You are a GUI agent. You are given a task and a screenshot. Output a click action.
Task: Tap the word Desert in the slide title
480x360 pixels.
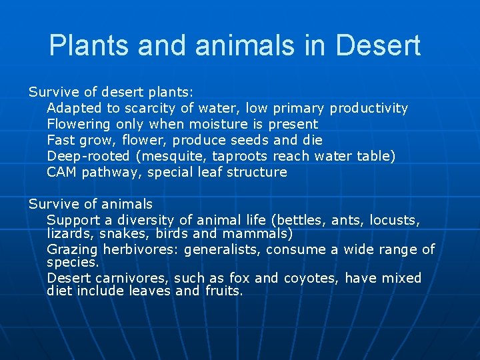point(378,45)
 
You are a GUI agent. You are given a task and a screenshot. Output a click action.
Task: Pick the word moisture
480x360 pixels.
point(219,124)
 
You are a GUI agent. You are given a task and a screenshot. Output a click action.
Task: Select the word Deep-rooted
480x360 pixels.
point(89,156)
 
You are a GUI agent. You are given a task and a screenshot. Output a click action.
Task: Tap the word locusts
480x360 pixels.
point(397,220)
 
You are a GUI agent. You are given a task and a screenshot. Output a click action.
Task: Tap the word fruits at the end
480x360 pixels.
point(223,291)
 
